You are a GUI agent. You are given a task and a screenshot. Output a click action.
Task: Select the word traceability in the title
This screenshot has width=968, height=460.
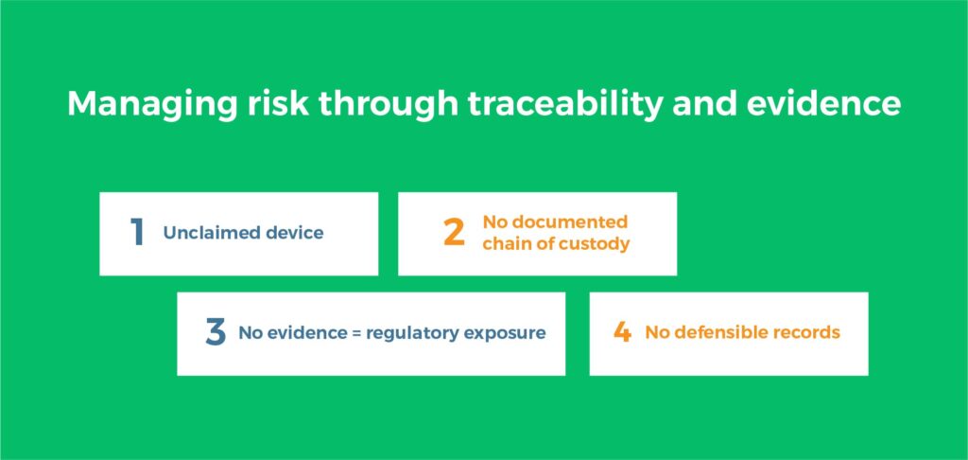pyautogui.click(x=564, y=104)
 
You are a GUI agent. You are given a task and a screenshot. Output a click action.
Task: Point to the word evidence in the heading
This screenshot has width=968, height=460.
pyautogui.click(x=823, y=102)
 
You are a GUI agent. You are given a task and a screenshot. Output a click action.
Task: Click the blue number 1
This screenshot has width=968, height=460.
pyautogui.click(x=138, y=233)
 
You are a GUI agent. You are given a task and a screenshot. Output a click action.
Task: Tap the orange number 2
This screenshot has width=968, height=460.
pyautogui.click(x=454, y=233)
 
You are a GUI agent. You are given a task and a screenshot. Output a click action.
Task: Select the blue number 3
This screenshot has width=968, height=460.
pyautogui.click(x=216, y=332)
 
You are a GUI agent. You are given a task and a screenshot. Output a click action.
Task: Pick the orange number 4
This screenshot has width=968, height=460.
pyautogui.click(x=622, y=332)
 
